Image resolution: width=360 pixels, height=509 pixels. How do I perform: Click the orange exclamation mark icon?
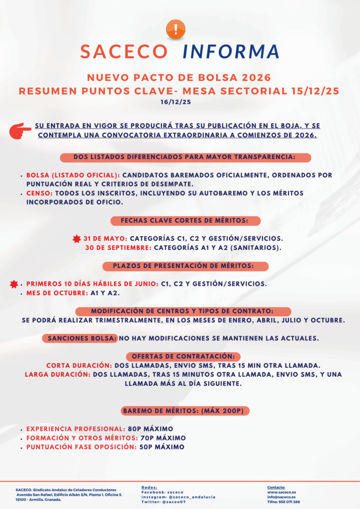tap(176, 28)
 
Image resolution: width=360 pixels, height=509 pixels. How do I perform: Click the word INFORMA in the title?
tap(231, 52)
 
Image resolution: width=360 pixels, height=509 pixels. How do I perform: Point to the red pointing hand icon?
tap(20, 130)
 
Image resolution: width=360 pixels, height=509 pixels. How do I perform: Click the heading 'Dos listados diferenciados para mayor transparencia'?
tap(185, 157)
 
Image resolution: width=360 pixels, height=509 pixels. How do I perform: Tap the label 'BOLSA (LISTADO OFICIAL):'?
tap(73, 175)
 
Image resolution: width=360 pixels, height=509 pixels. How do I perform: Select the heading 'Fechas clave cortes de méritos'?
tap(184, 220)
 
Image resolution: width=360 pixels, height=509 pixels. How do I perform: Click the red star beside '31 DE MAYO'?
tap(77, 239)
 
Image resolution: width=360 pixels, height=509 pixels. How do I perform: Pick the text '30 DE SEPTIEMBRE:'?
tap(118, 247)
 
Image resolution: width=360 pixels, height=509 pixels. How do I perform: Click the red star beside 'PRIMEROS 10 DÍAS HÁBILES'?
tap(14, 284)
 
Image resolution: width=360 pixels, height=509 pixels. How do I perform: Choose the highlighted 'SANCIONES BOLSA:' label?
tap(82, 339)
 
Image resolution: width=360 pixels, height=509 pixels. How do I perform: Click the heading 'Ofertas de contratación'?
tap(183, 356)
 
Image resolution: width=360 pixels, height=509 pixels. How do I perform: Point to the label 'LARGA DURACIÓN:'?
tap(58, 374)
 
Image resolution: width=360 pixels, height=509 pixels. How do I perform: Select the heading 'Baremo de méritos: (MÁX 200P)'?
tap(185, 411)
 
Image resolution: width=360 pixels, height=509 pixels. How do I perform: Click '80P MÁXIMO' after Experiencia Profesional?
tap(150, 428)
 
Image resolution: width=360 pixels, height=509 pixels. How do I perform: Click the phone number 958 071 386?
tap(289, 502)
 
